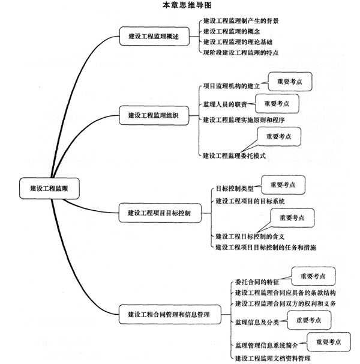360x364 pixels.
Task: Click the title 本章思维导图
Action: (x=187, y=5)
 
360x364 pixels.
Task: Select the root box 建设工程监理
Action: (x=49, y=188)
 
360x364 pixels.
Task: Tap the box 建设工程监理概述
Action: (x=154, y=36)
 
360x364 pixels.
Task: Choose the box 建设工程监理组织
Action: (x=154, y=115)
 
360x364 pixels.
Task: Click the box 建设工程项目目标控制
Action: (x=160, y=213)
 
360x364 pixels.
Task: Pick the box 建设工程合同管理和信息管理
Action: (x=170, y=314)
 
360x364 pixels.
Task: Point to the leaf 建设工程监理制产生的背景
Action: (x=241, y=21)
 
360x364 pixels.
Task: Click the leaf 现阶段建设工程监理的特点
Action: (x=241, y=52)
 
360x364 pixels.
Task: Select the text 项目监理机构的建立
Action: (x=231, y=86)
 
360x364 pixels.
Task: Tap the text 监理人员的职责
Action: (x=225, y=105)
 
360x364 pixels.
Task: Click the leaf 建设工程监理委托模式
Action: (x=234, y=156)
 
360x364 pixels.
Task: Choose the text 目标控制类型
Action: (x=235, y=188)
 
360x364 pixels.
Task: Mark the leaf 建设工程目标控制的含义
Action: (x=250, y=237)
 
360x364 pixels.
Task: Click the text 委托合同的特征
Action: (x=257, y=282)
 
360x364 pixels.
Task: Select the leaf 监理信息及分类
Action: (x=257, y=322)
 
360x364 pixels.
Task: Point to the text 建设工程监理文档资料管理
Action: (x=273, y=358)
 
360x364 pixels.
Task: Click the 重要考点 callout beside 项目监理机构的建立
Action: (x=290, y=82)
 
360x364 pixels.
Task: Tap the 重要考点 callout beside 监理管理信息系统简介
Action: (x=329, y=342)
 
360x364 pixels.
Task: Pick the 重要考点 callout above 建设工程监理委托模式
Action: (x=279, y=136)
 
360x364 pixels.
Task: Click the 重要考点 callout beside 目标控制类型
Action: (x=283, y=185)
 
